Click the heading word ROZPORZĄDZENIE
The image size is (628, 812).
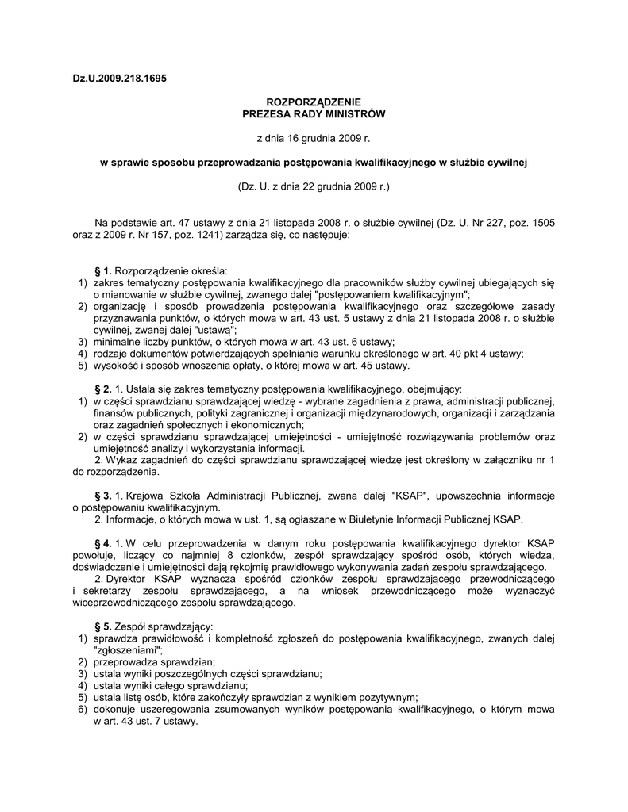(x=313, y=102)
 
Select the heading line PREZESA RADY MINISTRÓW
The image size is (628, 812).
(x=313, y=114)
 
